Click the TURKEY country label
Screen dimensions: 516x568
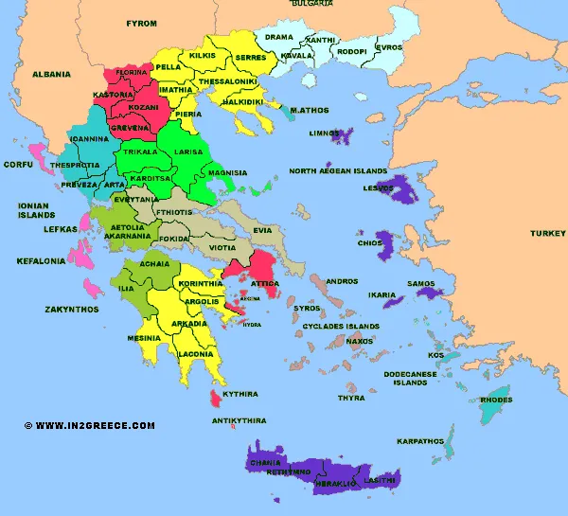click(x=547, y=233)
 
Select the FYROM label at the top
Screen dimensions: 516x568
click(x=141, y=22)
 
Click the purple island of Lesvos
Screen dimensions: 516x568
click(x=399, y=192)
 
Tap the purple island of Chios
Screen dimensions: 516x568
click(x=386, y=246)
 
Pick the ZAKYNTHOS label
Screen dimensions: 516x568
click(x=72, y=309)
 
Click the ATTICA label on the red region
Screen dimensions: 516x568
click(x=263, y=282)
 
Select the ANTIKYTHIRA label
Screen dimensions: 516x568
click(x=238, y=420)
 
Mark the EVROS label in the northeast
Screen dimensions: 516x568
click(x=389, y=46)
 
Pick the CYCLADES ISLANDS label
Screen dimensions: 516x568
click(x=341, y=327)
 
